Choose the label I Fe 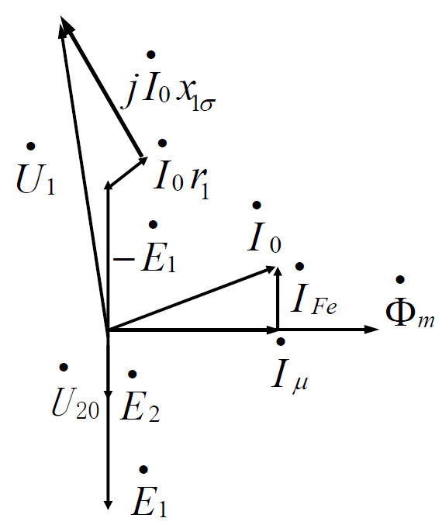pyautogui.click(x=314, y=288)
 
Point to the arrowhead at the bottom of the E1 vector pyautogui.click(x=108, y=505)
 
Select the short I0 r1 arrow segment pyautogui.click(x=127, y=171)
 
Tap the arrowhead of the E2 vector pyautogui.click(x=108, y=395)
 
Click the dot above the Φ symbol pyautogui.click(x=400, y=280)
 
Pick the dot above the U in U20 pyautogui.click(x=64, y=368)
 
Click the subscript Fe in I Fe pyautogui.click(x=324, y=306)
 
